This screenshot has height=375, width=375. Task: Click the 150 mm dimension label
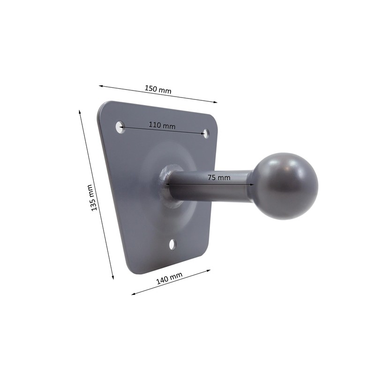pos(158,90)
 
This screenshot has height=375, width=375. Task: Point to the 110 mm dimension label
pos(162,125)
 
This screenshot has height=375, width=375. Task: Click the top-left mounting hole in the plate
pos(120,126)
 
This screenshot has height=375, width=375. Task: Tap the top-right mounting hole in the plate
pos(205,134)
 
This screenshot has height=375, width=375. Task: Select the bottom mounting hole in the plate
pos(173,244)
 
